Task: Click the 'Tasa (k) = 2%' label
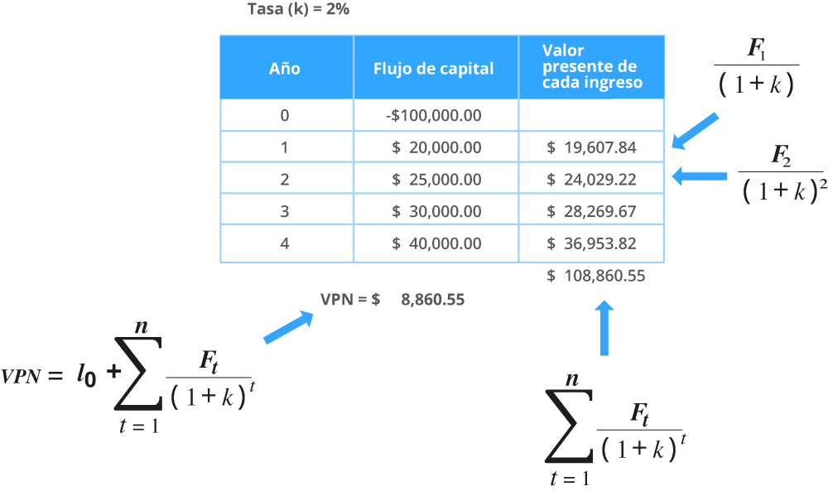click(x=298, y=9)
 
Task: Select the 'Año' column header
click(x=285, y=69)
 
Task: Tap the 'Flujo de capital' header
click(x=434, y=69)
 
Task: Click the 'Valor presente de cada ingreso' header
click(x=592, y=66)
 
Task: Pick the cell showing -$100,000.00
click(x=434, y=115)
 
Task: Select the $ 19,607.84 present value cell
click(x=591, y=147)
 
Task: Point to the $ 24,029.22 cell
click(x=591, y=180)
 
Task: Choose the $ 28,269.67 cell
click(x=591, y=211)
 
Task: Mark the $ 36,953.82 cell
click(x=591, y=243)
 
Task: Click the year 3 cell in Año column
click(x=285, y=211)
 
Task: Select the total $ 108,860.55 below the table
click(x=595, y=276)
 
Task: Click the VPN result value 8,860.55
click(x=433, y=300)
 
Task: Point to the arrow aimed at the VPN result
click(x=288, y=328)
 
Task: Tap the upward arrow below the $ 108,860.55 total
click(x=604, y=328)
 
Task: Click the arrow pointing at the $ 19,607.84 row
click(x=695, y=131)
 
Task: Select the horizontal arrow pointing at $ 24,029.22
click(x=699, y=176)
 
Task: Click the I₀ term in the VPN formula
click(x=86, y=376)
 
